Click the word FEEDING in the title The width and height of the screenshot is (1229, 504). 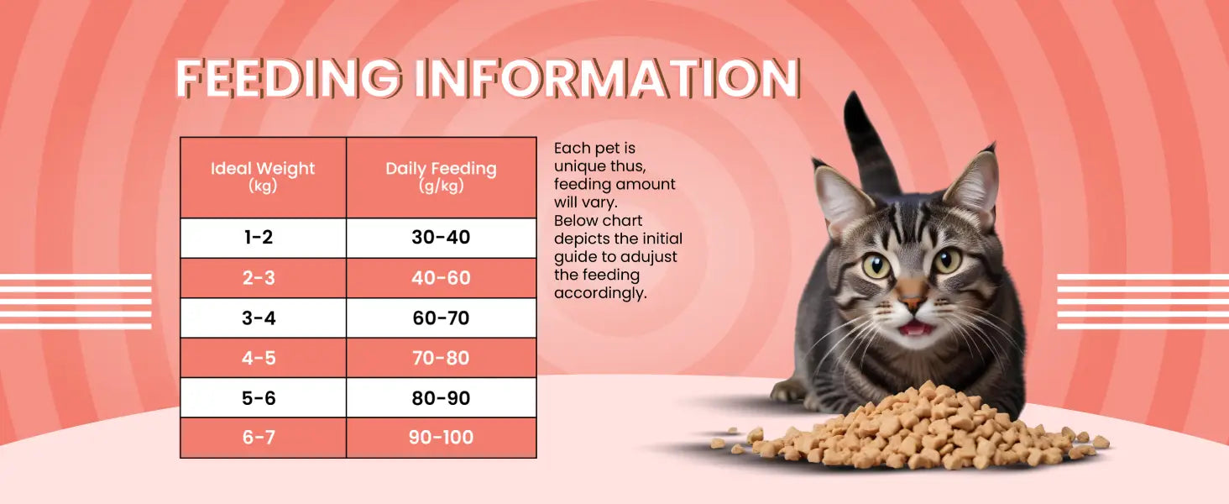coord(289,78)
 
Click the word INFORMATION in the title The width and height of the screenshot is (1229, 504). coord(608,78)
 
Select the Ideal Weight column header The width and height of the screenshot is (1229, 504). coord(263,176)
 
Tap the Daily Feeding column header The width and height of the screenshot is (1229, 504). coord(441,176)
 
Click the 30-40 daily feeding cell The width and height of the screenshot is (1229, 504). coord(441,238)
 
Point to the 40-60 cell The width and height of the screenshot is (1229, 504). coord(441,278)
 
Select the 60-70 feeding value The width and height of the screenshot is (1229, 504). coord(441,318)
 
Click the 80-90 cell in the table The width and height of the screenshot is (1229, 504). coord(441,398)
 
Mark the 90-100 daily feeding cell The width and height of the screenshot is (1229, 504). coord(441,438)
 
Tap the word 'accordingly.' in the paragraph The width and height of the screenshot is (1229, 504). coord(600,294)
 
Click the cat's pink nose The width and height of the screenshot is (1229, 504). coord(913,303)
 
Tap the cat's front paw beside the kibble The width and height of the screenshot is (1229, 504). coord(788,391)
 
